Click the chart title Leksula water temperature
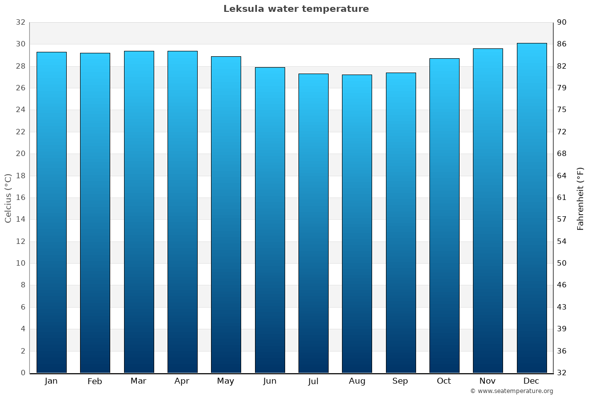click(296, 9)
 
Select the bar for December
click(532, 208)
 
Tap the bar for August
click(357, 224)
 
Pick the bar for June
click(270, 220)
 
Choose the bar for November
click(488, 210)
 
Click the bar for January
click(51, 212)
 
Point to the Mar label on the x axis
click(138, 381)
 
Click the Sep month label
click(400, 381)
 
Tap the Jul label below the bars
click(313, 381)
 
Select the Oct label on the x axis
click(444, 381)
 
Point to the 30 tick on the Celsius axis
click(20, 44)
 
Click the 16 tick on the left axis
click(20, 197)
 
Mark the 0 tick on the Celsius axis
click(23, 373)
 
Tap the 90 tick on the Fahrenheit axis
click(562, 22)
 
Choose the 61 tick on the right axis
click(562, 197)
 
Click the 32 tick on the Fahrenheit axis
click(562, 373)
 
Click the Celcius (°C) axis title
click(8, 197)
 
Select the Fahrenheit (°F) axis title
click(581, 198)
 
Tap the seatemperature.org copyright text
click(511, 391)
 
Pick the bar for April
click(182, 212)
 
